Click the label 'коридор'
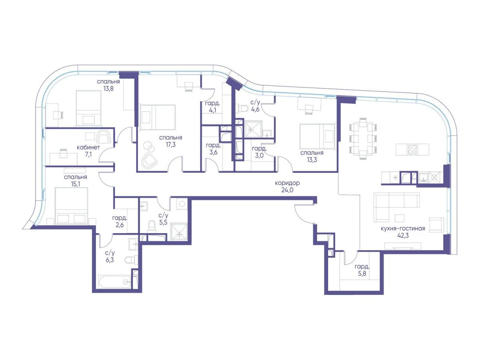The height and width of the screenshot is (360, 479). [287, 183]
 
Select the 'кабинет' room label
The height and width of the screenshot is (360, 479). [88, 148]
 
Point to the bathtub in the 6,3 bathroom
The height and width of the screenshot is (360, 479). [115, 282]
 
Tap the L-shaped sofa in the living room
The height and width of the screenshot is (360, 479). [396, 207]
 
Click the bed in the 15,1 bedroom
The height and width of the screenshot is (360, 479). [71, 206]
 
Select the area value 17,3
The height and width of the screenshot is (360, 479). [170, 144]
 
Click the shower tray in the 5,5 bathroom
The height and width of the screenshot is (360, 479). [179, 232]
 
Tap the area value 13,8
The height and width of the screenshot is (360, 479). [109, 89]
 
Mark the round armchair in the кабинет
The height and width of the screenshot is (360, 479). [104, 137]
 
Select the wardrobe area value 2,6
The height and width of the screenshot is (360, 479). [120, 225]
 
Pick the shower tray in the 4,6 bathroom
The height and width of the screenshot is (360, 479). [253, 129]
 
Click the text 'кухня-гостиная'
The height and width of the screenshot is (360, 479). [403, 228]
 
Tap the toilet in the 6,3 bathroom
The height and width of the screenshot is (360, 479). [130, 260]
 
